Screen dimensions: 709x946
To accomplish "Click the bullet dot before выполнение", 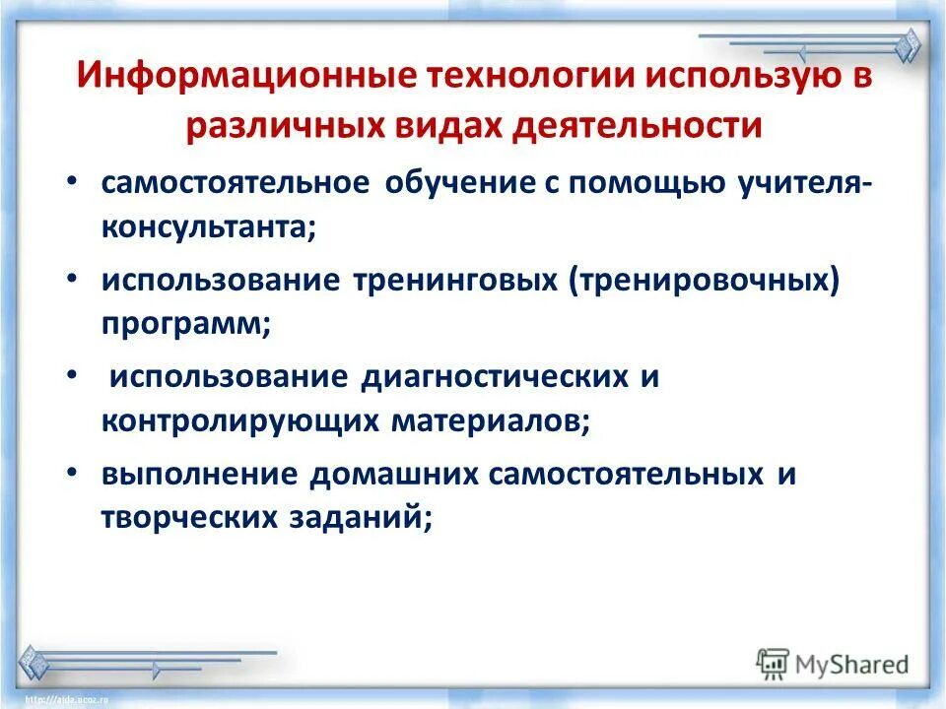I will [76, 473].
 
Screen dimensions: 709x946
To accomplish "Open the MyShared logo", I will [832, 664].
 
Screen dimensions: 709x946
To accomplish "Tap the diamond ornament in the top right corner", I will [908, 45].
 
